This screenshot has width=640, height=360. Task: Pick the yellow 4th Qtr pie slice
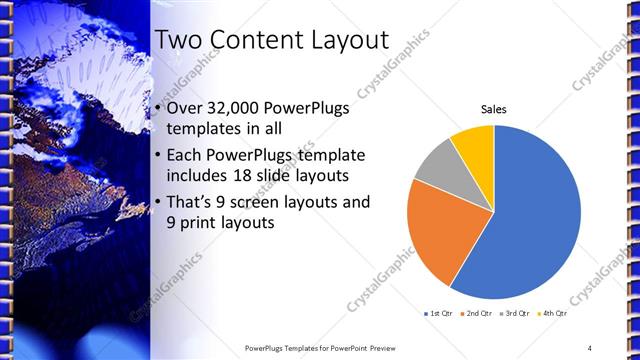click(472, 142)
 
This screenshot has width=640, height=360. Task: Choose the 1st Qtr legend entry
click(438, 314)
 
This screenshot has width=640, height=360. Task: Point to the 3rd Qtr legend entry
click(515, 314)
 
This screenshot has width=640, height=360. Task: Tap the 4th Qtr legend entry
click(553, 314)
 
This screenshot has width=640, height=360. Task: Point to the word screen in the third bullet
click(263, 203)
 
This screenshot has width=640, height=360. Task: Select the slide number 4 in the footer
click(590, 347)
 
